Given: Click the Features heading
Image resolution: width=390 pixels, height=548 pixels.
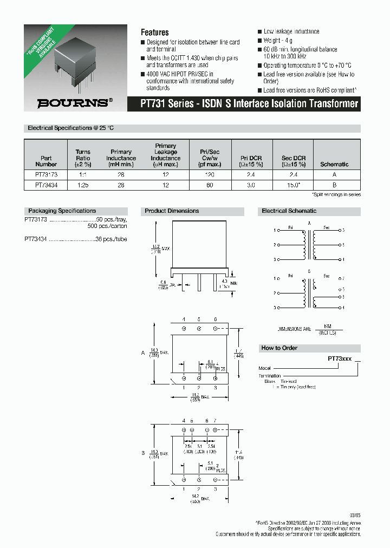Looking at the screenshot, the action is tap(154, 32).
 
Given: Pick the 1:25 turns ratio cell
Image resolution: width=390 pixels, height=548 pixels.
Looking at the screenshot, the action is tap(83, 185).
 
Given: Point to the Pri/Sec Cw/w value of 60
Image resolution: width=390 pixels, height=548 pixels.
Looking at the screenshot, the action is tap(210, 185).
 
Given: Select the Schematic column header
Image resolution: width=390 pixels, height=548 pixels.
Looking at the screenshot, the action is tap(334, 164).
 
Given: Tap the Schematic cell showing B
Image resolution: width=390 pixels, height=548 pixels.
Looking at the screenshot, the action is tap(334, 185).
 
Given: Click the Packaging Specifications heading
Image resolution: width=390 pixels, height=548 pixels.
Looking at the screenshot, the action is tap(62, 211).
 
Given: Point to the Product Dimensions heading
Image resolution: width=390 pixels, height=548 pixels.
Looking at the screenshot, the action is tap(171, 211).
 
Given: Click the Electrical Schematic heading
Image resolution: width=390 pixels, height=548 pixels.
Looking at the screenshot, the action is tap(289, 211).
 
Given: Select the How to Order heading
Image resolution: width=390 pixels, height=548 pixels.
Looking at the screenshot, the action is tap(279, 348).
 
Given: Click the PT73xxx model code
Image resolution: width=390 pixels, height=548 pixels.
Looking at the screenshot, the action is tap(340, 358).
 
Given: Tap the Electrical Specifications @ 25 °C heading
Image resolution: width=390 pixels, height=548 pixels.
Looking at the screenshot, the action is tap(70, 128).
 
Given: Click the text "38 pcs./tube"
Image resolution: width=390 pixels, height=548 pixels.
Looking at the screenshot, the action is tap(111, 238).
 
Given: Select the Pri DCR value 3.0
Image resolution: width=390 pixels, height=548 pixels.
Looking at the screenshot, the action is tap(251, 185).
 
